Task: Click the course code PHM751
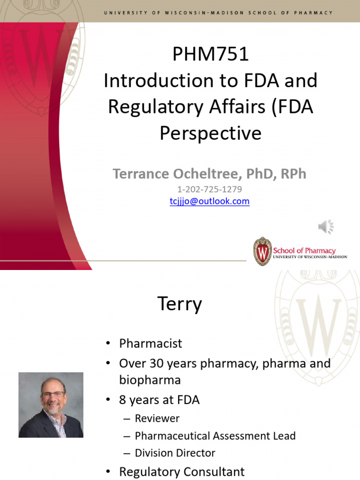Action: pos(210,55)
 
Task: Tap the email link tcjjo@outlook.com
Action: pos(210,201)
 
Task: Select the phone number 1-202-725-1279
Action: pos(210,189)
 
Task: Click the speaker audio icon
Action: pos(325,227)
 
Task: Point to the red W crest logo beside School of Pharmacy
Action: pos(262,252)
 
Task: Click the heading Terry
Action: pos(180,304)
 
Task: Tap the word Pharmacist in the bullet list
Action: pos(150,343)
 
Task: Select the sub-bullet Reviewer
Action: pos(157,418)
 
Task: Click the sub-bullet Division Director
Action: pos(175,453)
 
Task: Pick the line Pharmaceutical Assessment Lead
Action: pos(215,435)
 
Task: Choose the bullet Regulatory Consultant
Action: pos(182,472)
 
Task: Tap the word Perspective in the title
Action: pos(210,134)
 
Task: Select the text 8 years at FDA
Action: pos(159,400)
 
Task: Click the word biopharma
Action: pos(150,379)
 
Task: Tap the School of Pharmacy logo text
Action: pos(304,251)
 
